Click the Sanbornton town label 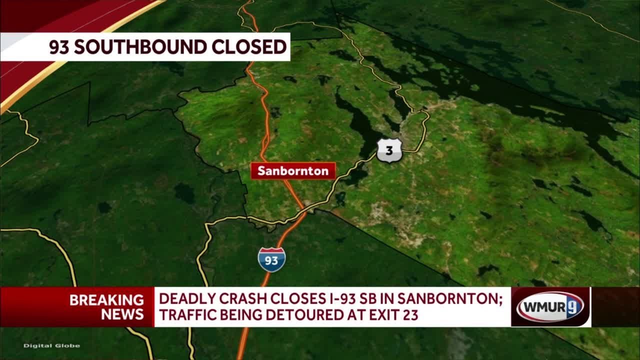click(x=293, y=171)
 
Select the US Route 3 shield click(x=389, y=150)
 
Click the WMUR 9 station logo click(x=550, y=307)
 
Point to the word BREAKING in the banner click(x=106, y=300)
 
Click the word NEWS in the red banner click(x=122, y=314)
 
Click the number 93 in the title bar click(x=60, y=46)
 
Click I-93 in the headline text click(x=339, y=300)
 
